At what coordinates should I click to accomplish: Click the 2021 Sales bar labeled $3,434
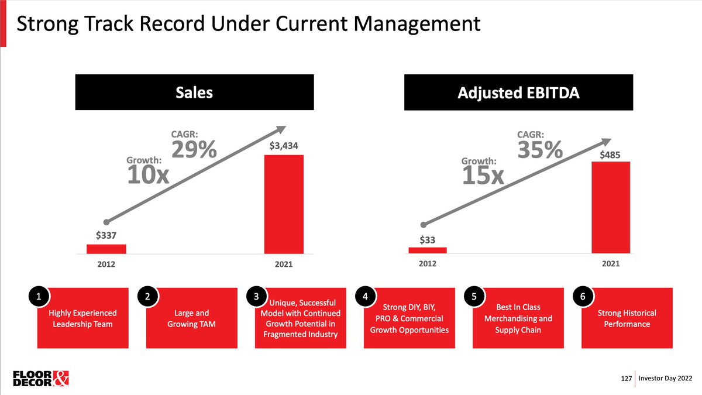(x=284, y=204)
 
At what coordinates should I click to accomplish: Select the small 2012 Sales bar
(x=106, y=249)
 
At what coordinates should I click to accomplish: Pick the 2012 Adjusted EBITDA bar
(x=427, y=250)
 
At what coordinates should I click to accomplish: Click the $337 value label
(x=106, y=235)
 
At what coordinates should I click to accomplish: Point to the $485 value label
(x=610, y=155)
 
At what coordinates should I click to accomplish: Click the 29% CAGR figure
(x=194, y=151)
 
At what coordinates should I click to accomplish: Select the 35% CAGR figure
(x=541, y=150)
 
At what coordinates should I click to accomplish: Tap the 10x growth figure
(x=148, y=174)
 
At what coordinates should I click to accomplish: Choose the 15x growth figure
(x=483, y=174)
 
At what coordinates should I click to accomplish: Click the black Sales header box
(x=194, y=92)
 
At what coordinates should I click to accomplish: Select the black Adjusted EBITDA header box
(x=518, y=92)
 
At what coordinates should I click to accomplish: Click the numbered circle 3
(x=256, y=297)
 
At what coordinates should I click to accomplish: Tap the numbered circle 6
(x=582, y=297)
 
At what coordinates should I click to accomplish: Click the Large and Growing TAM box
(x=191, y=318)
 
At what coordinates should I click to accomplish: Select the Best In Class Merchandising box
(x=518, y=318)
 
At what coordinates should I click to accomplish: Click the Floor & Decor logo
(x=41, y=378)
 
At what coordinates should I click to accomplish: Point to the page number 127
(x=625, y=379)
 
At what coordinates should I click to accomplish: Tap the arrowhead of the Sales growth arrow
(x=281, y=129)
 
